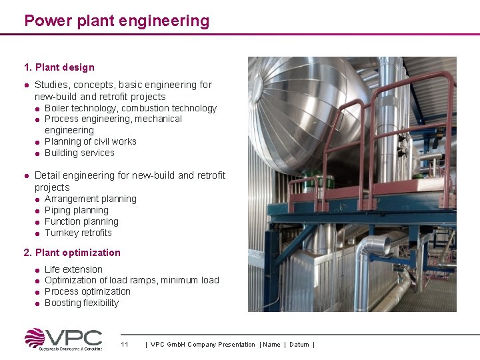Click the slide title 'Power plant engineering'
coord(117,21)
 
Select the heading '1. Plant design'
coord(59,67)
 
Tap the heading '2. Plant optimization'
coord(72,253)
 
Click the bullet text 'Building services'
coord(79,153)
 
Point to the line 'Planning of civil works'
coord(90,141)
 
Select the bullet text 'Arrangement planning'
coord(90,199)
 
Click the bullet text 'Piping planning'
coord(76,210)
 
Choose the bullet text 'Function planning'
coord(81,221)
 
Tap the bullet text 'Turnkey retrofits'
coord(78,233)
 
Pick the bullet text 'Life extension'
coord(73,269)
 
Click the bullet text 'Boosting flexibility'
coord(81,303)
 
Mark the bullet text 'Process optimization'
coord(87,291)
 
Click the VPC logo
coord(63,339)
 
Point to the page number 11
coord(125,345)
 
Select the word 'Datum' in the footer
coord(299,345)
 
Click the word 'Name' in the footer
coord(271,345)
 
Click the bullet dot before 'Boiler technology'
coord(38,109)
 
